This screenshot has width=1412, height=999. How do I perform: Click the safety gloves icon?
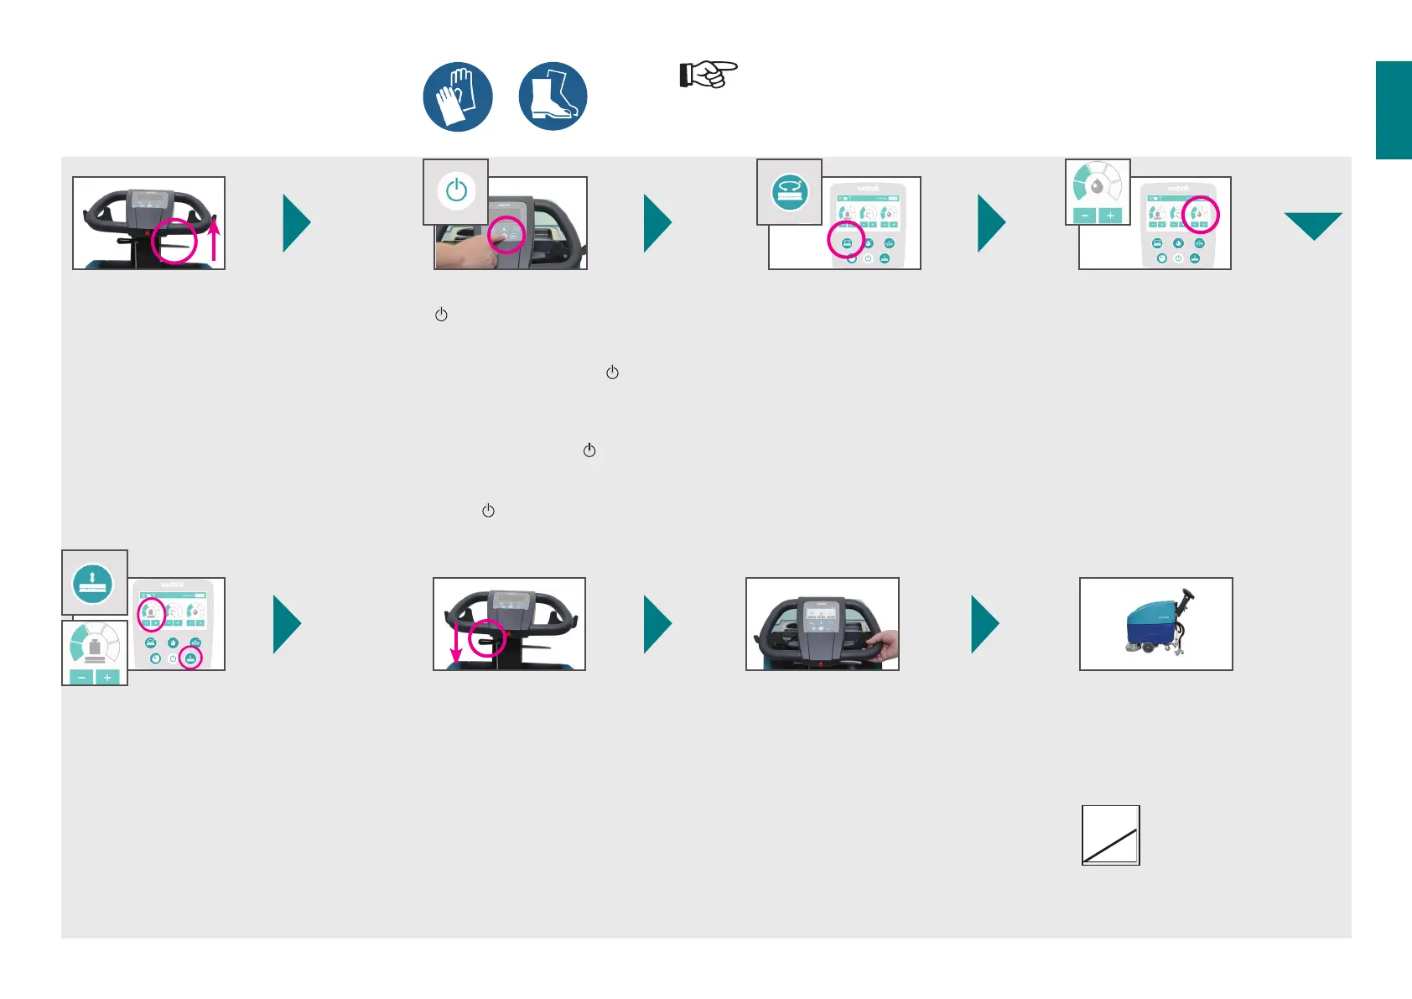coord(457,96)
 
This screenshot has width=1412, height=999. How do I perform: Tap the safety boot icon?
coord(553,96)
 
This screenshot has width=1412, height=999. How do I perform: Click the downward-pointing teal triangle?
coord(1312,225)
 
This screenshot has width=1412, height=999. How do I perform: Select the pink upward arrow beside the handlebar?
coord(215,238)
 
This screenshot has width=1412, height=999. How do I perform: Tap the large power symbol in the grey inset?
coord(456,191)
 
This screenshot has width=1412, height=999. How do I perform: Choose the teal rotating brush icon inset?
coord(789,192)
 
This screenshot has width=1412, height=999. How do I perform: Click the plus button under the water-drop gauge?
coord(1110,216)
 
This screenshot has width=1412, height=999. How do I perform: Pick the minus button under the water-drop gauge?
coord(1085,216)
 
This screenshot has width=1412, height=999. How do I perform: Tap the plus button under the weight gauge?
coord(107,677)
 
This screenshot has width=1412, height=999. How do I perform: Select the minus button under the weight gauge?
coord(81,677)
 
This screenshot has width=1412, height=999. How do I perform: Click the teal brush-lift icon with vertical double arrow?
coord(93,582)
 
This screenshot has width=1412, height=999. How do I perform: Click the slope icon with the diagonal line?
coord(1110,835)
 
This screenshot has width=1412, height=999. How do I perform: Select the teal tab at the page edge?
coord(1394,110)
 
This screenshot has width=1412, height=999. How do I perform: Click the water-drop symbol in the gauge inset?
coord(1097,186)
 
